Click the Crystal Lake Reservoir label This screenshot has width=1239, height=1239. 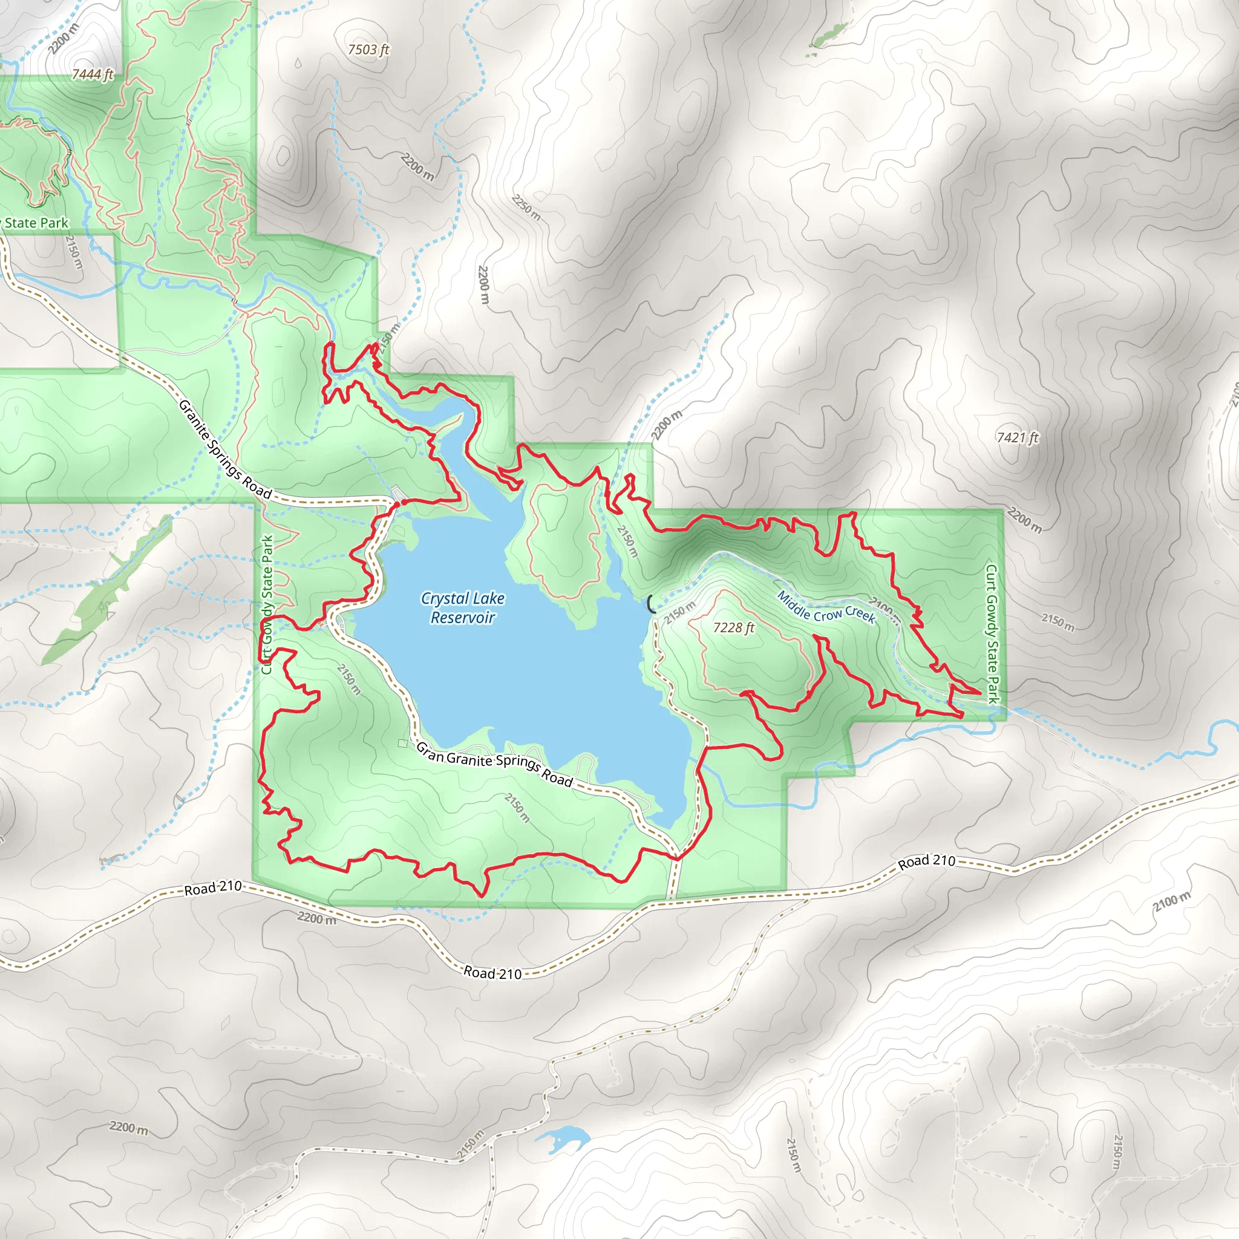pyautogui.click(x=462, y=607)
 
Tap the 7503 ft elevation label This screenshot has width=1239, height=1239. pyautogui.click(x=368, y=50)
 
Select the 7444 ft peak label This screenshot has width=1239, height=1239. pyautogui.click(x=93, y=74)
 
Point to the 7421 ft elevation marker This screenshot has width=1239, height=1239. pyautogui.click(x=1017, y=437)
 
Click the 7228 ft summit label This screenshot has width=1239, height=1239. pyautogui.click(x=734, y=627)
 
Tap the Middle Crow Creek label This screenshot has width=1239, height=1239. pyautogui.click(x=826, y=607)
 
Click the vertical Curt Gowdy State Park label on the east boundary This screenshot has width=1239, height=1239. pyautogui.click(x=992, y=633)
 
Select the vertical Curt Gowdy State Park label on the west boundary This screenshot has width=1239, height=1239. pyautogui.click(x=267, y=604)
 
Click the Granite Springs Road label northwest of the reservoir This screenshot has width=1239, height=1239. pyautogui.click(x=224, y=449)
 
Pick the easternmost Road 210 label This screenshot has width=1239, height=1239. pyautogui.click(x=926, y=861)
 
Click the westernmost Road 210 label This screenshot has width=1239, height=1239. pyautogui.click(x=213, y=888)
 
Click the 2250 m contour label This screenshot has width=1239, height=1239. pyautogui.click(x=526, y=207)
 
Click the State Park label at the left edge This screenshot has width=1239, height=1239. pyautogui.click(x=35, y=223)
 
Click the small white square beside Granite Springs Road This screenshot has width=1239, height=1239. pyautogui.click(x=402, y=744)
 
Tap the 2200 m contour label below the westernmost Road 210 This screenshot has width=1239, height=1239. pyautogui.click(x=316, y=918)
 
